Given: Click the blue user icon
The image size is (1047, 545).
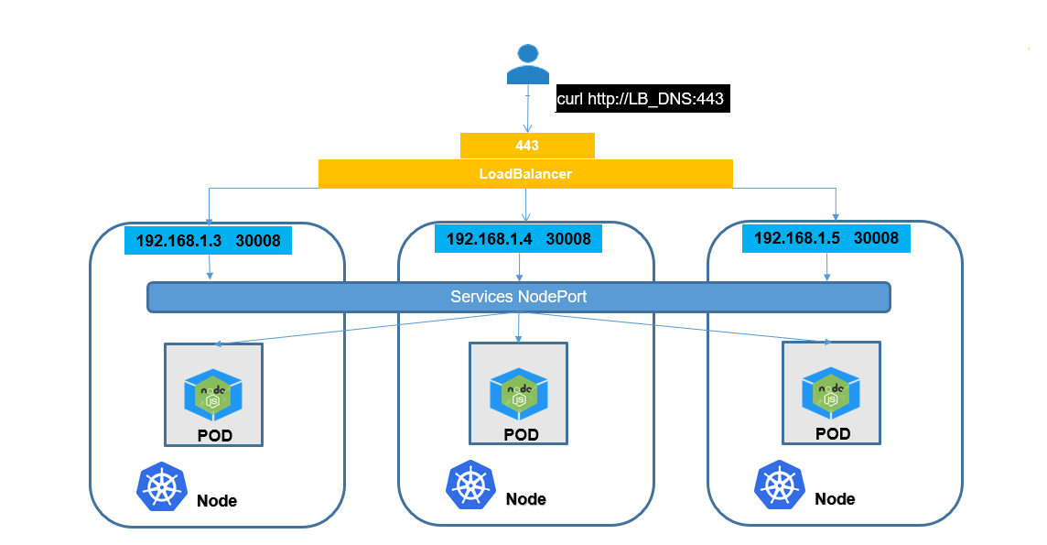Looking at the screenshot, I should point(527,64).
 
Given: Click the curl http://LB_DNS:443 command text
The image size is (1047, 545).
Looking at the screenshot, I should point(642,98).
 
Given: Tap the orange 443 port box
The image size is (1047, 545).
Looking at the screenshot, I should point(527,146).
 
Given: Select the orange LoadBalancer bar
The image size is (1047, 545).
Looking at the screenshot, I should point(525,173).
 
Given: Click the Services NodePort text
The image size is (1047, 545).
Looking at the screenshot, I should point(519,297).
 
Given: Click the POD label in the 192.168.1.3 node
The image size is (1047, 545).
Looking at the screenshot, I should point(214,435).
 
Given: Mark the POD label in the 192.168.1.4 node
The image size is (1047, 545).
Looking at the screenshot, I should point(521,434).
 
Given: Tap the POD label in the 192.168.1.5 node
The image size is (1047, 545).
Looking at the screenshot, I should point(832,433).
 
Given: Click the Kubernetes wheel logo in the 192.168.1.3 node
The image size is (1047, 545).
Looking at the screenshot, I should point(161,486).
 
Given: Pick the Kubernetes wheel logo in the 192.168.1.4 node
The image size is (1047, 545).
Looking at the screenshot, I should point(470,485).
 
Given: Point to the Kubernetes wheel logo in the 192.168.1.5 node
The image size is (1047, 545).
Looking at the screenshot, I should point(779,485).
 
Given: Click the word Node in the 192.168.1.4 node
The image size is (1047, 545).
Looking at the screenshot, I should point(525,499).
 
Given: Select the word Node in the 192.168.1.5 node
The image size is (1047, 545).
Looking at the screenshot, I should point(835,499).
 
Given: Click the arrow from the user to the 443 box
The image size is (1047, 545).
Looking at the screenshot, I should point(528,114).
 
